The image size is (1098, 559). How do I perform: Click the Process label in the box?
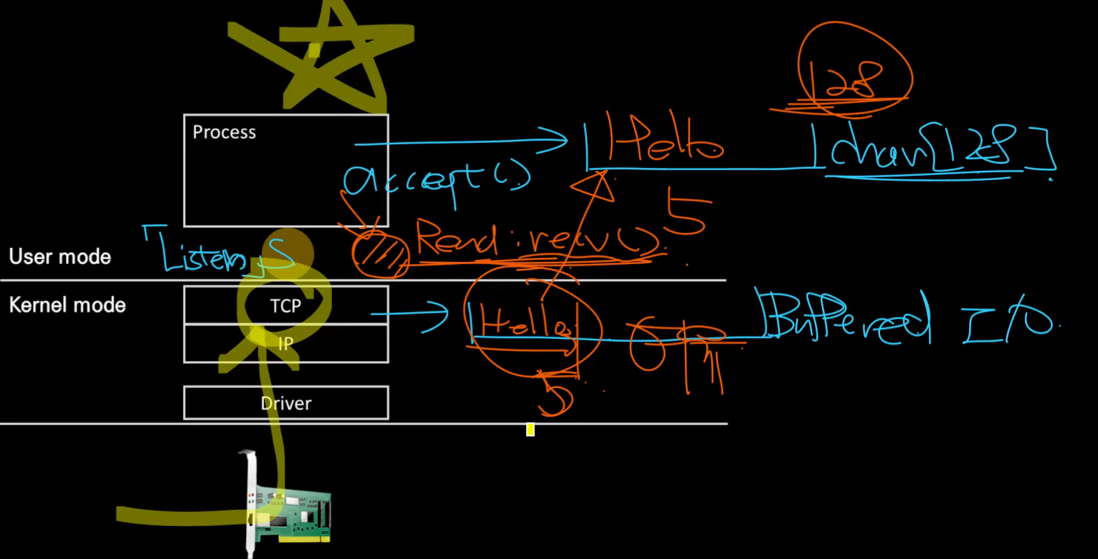(224, 132)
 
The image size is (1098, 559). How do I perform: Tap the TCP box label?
(285, 306)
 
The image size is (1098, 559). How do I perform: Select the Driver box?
(286, 403)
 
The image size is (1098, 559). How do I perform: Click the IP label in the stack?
(285, 344)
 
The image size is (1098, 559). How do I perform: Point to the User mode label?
(60, 256)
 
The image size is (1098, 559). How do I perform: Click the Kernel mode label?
(67, 305)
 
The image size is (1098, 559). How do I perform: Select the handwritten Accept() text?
(434, 179)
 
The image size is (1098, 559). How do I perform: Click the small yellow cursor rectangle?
(530, 429)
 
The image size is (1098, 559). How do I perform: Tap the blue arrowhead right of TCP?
(440, 313)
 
